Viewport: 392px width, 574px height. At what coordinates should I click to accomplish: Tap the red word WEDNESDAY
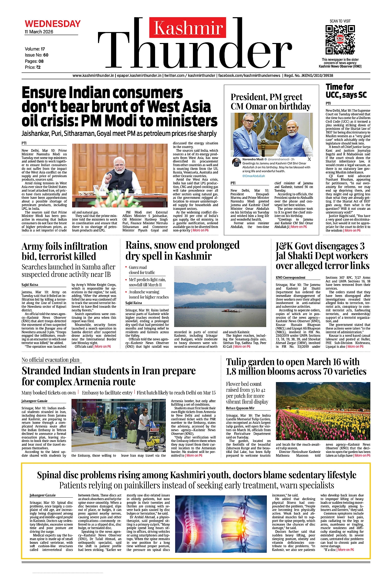[53, 24]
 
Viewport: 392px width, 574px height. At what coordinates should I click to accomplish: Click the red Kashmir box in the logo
[188, 28]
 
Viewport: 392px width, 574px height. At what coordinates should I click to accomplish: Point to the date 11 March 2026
[39, 32]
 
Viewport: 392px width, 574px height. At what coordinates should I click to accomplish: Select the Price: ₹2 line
[33, 67]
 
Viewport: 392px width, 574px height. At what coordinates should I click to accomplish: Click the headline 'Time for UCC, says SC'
[346, 91]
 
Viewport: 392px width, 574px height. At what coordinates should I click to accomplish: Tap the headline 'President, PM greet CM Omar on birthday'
[271, 102]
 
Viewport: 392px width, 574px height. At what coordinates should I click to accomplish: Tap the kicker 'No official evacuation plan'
[51, 360]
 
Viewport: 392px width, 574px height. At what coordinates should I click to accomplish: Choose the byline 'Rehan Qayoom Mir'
[240, 408]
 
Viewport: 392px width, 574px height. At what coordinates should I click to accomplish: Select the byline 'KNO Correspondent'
[291, 278]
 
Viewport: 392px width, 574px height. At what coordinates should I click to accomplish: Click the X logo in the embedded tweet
[309, 159]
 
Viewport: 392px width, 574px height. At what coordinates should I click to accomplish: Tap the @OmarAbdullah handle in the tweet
[253, 176]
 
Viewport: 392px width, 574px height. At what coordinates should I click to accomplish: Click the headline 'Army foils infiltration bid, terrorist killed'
[65, 251]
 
